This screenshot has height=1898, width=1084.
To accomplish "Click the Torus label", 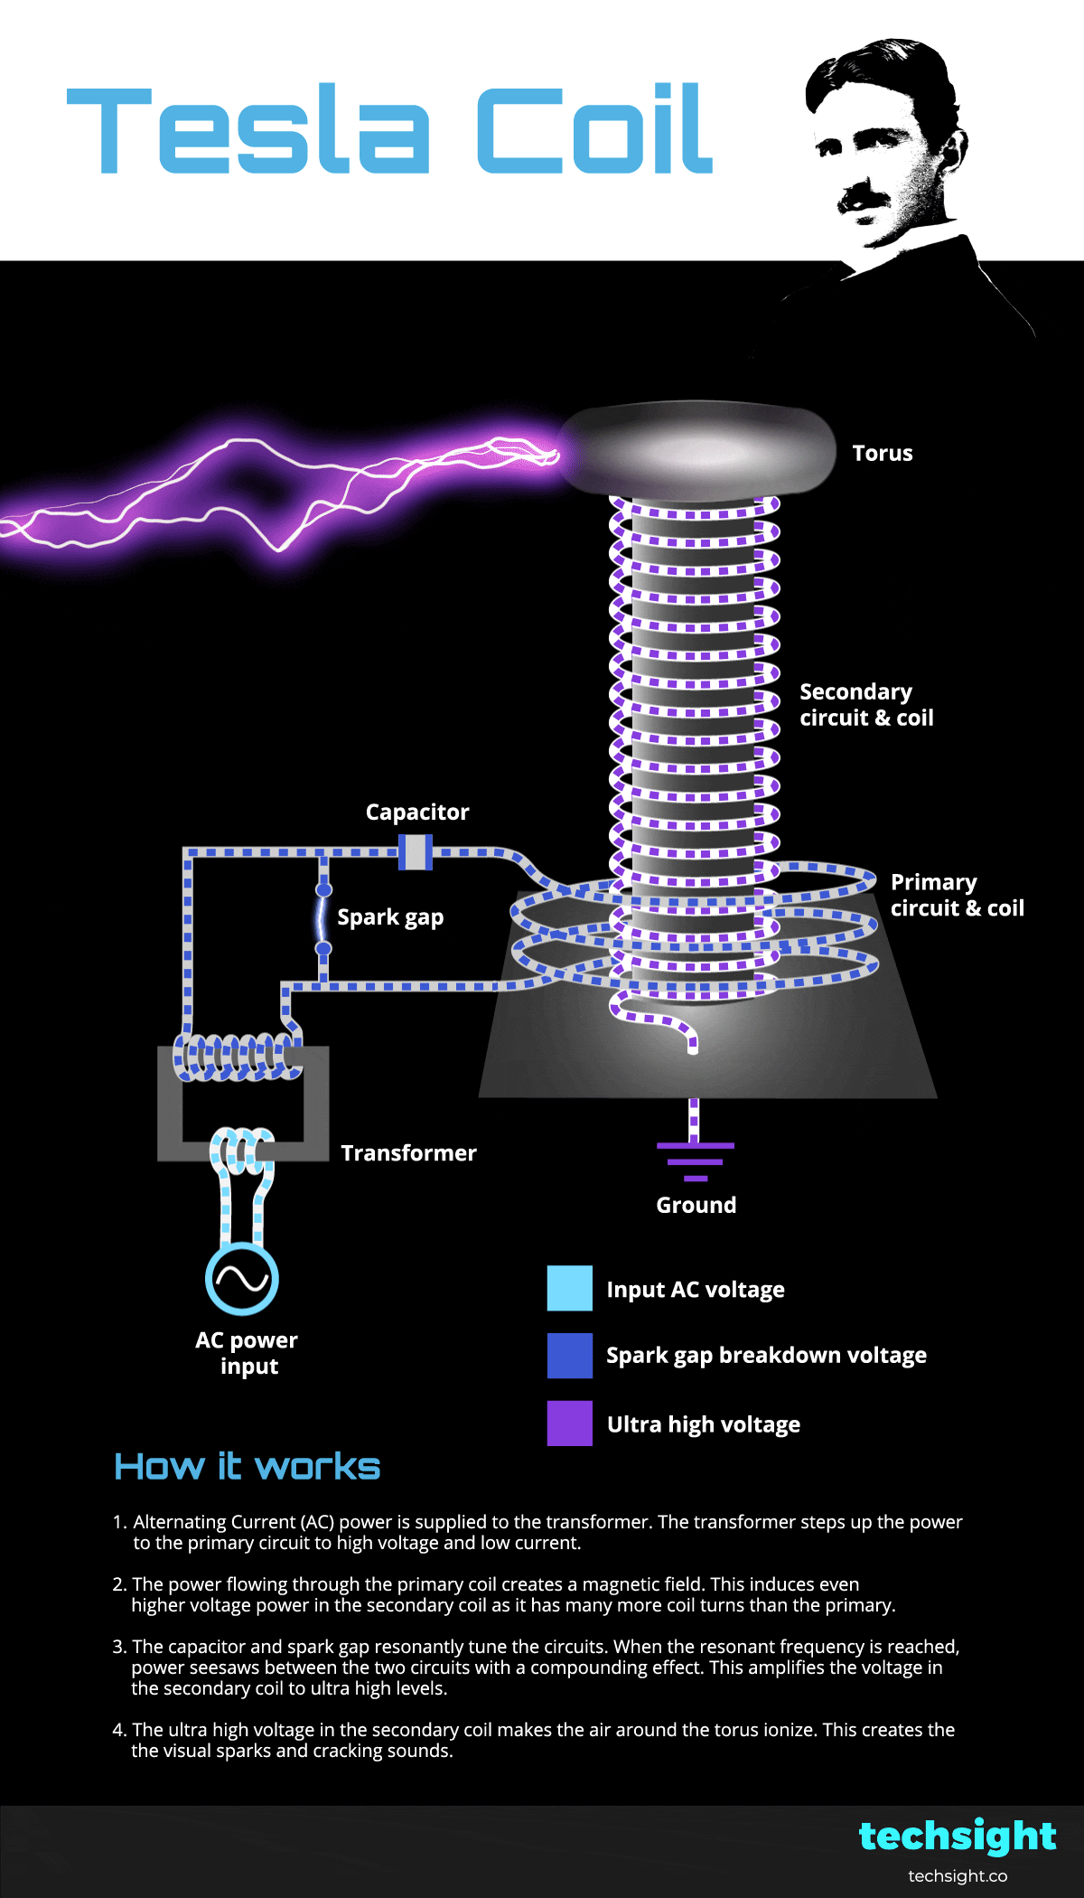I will tap(883, 453).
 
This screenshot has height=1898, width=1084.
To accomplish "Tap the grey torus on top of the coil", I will tap(696, 450).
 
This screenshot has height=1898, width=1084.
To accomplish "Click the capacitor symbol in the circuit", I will tap(416, 851).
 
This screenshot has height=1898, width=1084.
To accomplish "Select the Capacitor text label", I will tap(417, 812).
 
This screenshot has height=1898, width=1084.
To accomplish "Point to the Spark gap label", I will tap(390, 917).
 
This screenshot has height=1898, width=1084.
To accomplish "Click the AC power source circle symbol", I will tap(241, 1279).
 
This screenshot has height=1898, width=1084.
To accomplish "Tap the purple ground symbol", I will tap(696, 1160).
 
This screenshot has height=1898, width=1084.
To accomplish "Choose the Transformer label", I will tap(408, 1153).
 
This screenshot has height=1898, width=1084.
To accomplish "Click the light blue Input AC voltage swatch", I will tap(570, 1289).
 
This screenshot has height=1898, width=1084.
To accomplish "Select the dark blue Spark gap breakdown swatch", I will tap(570, 1356).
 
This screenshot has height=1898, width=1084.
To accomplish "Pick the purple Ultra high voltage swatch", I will tap(570, 1423).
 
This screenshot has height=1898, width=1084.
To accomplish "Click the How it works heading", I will tap(248, 1466).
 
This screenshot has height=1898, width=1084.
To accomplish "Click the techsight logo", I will tap(957, 1837).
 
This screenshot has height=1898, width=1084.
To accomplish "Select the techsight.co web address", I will tap(958, 1876).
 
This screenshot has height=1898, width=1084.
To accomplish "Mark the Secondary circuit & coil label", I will tap(866, 705).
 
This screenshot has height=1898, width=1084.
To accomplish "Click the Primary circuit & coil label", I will tap(957, 895).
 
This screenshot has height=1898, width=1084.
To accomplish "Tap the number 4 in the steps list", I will tap(118, 1730).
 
